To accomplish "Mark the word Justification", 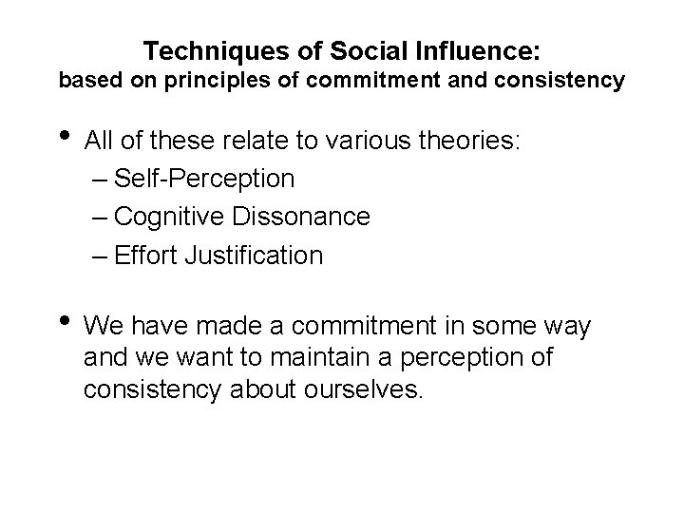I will tap(263, 255).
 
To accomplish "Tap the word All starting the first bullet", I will tap(99, 142).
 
